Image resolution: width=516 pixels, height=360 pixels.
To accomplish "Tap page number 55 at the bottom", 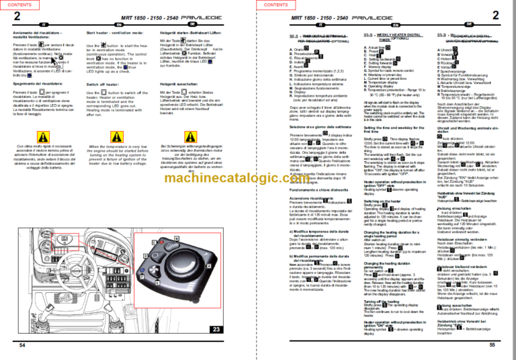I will pos(492,345).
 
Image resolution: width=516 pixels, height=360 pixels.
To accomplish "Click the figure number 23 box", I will pos(216,329).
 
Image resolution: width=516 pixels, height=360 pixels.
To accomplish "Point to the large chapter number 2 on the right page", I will pos(495,15).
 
